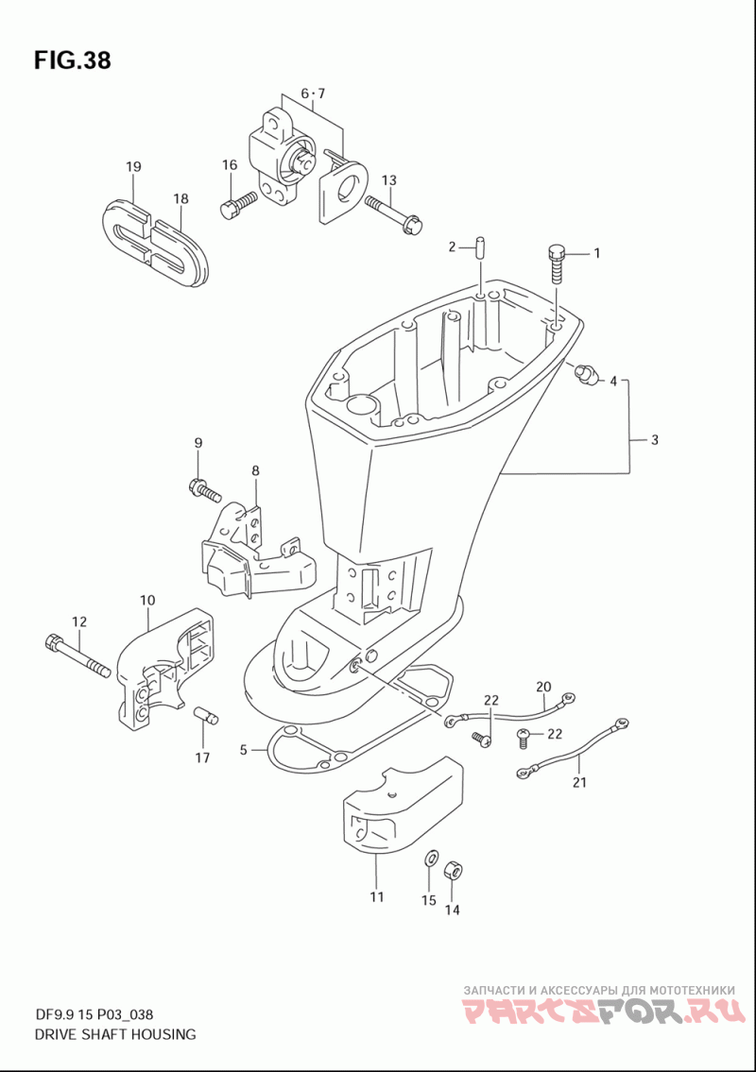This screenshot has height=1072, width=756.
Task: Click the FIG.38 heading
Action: click(72, 60)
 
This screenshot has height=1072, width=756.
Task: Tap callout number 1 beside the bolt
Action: click(596, 253)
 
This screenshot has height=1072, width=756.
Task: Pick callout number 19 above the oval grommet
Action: click(133, 166)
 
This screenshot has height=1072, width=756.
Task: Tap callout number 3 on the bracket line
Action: click(655, 439)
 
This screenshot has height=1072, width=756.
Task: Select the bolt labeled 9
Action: click(204, 489)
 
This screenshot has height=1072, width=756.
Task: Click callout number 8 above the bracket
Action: click(255, 470)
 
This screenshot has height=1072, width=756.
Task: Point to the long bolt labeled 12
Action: click(77, 657)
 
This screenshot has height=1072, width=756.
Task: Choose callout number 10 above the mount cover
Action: click(147, 601)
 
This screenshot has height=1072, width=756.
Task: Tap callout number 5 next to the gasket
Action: click(243, 750)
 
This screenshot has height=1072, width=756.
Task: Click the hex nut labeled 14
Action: click(453, 871)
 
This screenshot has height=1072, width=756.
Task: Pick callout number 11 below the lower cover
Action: click(377, 897)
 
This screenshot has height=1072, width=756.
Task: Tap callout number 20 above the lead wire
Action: click(543, 687)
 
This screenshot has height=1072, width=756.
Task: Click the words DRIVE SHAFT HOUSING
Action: click(115, 1034)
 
